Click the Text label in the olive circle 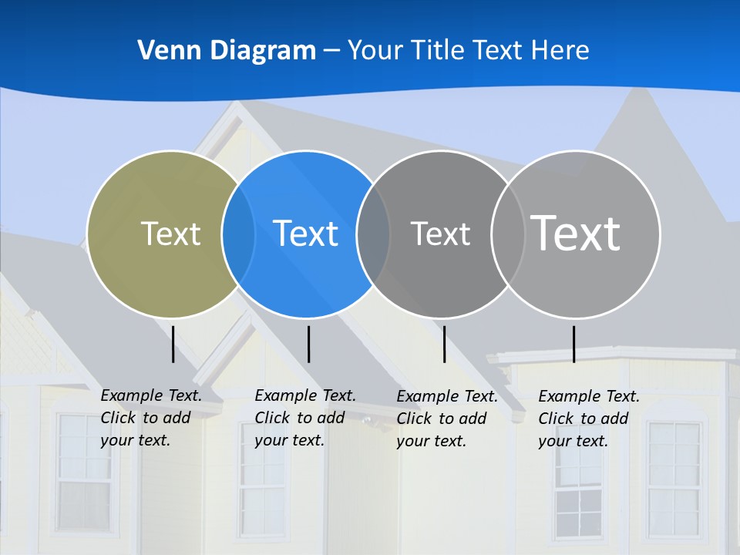click(170, 234)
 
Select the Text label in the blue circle click(306, 234)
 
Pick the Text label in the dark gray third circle click(440, 234)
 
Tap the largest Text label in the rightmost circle click(576, 234)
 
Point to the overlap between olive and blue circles click(238, 234)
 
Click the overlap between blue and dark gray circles click(373, 234)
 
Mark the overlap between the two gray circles click(507, 234)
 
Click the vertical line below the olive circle click(173, 344)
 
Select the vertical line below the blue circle click(308, 344)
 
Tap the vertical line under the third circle click(445, 344)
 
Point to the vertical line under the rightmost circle click(573, 344)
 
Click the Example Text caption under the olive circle click(151, 418)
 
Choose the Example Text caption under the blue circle click(304, 418)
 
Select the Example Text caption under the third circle click(446, 419)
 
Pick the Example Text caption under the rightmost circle click(588, 419)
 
